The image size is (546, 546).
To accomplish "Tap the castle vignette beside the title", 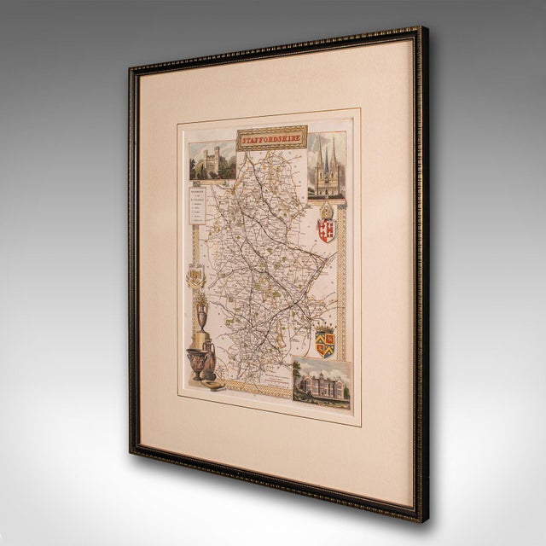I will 212,161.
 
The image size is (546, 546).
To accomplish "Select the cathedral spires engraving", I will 326,166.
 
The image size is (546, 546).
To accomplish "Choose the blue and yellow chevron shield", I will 324,343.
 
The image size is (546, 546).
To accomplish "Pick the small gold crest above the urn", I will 195,277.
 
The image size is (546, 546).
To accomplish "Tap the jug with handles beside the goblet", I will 210,359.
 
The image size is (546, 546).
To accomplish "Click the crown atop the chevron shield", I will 323,328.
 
